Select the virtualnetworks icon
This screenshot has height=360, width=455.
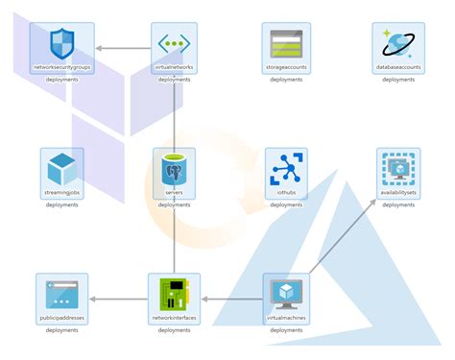pos(174,42)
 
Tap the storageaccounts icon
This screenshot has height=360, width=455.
pos(286,42)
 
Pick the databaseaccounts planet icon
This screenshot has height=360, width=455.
pos(398,42)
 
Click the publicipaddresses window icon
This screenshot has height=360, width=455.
pos(61,292)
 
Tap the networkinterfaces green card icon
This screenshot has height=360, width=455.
pos(174,292)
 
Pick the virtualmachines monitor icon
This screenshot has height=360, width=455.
pos(286,292)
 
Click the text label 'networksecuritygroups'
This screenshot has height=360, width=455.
pos(61,68)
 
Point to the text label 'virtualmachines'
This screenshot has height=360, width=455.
pos(286,318)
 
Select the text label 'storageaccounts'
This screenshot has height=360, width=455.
pos(286,68)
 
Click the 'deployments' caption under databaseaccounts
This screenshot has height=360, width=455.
pos(398,80)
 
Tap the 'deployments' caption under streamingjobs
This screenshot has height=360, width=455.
pos(61,204)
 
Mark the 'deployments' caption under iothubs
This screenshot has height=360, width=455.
pos(286,204)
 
